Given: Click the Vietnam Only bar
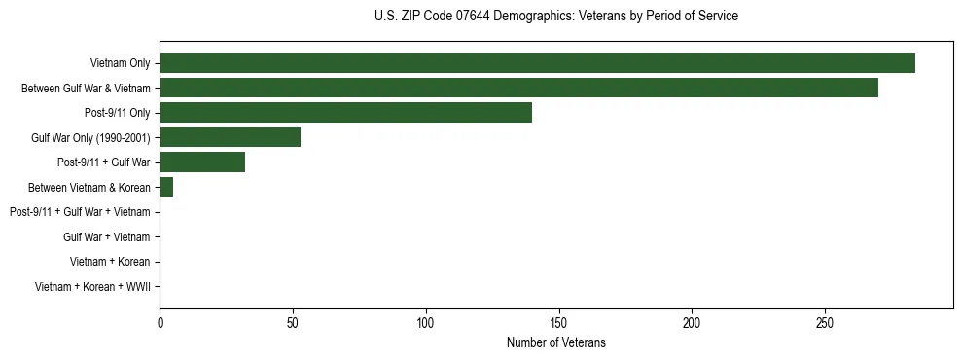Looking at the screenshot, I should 537,63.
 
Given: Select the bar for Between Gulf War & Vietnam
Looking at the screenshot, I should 518,89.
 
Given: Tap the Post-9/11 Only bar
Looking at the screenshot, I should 345,113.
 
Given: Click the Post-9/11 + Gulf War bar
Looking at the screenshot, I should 202,162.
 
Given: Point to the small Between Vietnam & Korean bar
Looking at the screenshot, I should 166,187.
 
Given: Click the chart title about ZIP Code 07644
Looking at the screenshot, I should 555,17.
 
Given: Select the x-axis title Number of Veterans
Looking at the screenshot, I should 555,342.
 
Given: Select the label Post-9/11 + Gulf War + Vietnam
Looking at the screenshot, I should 80,212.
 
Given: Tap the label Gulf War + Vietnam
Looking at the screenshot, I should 106,236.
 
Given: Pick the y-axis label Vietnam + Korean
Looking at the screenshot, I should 110,262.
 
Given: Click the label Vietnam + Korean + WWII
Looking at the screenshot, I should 92,286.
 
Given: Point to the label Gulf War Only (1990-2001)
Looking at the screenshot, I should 90,138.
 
